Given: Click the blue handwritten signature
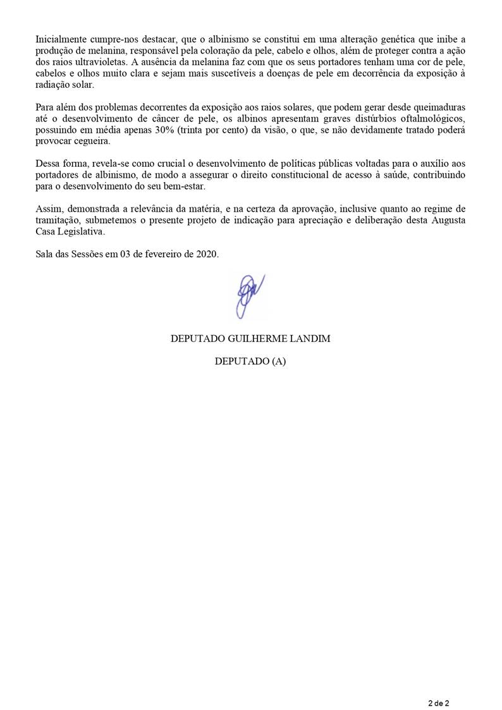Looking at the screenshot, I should pyautogui.click(x=249, y=295).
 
